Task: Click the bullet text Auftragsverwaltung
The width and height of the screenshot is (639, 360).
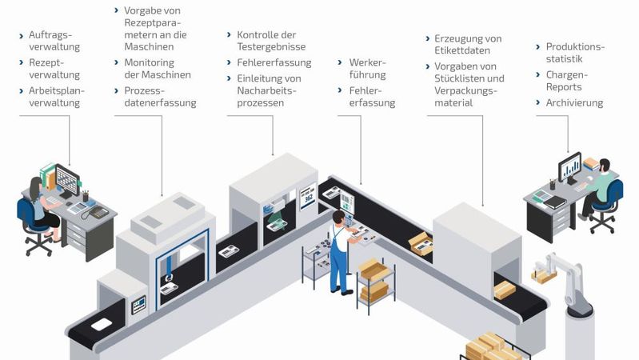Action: [54, 41]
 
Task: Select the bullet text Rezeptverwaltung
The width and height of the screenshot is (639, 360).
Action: [54, 68]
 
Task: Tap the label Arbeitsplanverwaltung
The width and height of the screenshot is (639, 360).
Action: [56, 96]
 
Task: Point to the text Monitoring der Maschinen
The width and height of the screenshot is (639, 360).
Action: [157, 69]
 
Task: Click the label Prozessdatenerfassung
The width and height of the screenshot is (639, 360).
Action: [160, 96]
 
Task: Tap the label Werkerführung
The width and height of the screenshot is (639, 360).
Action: [367, 68]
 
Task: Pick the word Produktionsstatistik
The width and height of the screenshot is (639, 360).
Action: [569, 52]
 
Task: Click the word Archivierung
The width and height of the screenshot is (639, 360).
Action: [574, 102]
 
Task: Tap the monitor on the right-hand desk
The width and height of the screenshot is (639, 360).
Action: [569, 166]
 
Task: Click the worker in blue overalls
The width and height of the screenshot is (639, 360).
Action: [339, 248]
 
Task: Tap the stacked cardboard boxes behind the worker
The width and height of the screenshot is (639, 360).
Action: [373, 280]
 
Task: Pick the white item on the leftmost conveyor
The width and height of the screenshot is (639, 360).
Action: [101, 324]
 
